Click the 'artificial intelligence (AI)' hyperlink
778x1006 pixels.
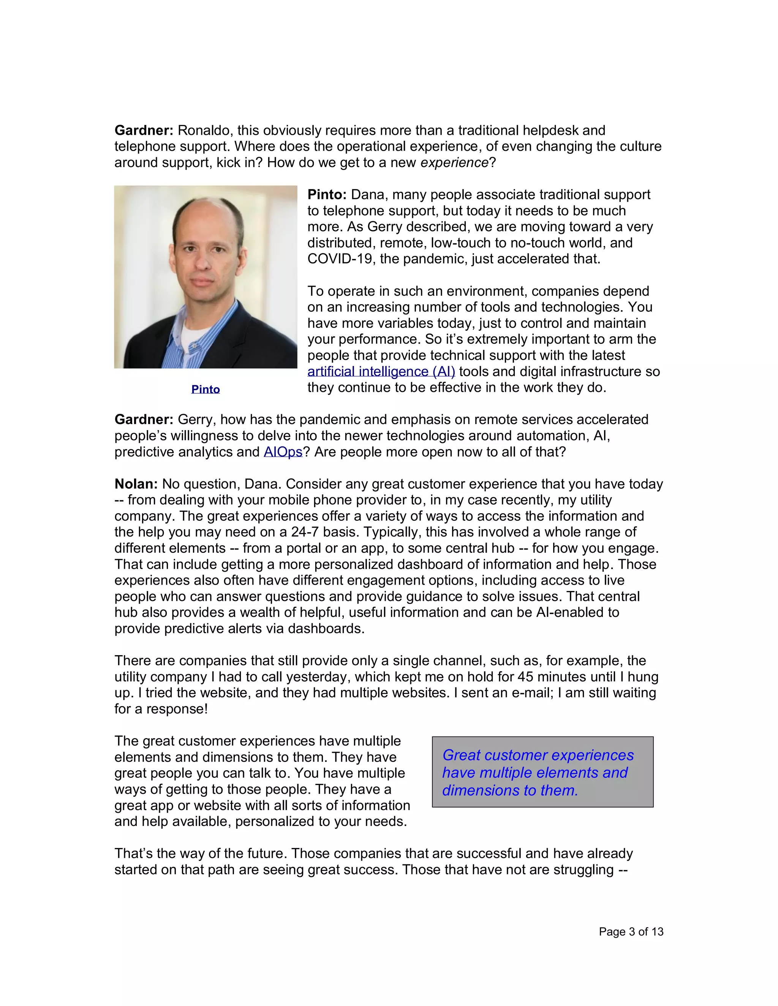pyautogui.click(x=381, y=371)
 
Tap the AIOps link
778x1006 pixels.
pyautogui.click(x=283, y=452)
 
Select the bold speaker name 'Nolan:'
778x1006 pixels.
pyautogui.click(x=136, y=484)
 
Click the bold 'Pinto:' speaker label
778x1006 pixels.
pyautogui.click(x=327, y=195)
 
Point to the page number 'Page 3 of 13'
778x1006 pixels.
pyautogui.click(x=631, y=931)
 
